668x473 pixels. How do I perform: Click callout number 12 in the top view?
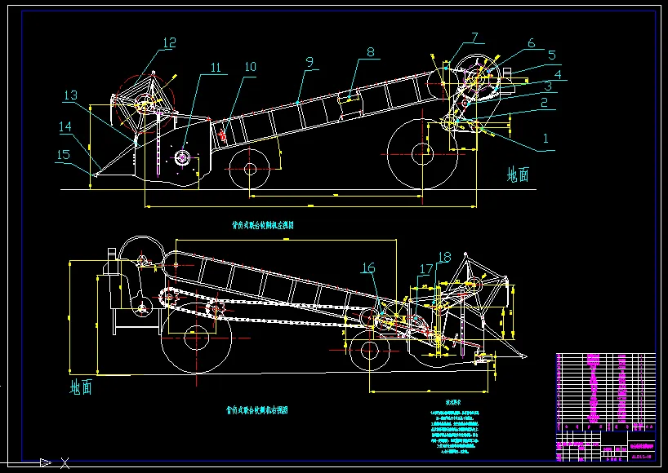pos(169,43)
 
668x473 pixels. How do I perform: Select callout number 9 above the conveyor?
pos(310,61)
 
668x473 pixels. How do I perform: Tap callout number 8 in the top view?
pos(371,52)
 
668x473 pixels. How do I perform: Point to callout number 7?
pos(474,38)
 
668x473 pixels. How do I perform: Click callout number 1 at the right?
pos(546,139)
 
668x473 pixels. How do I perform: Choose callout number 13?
pos(71,96)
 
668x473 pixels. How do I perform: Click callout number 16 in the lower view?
pos(368,267)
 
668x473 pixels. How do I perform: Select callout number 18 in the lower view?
pos(444,257)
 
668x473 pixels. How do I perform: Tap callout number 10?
pos(250,66)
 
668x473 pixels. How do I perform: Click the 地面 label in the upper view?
pos(518,174)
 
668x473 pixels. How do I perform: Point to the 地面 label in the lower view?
pos(81,387)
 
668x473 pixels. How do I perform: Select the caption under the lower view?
pos(256,410)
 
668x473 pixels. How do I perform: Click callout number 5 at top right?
pos(552,55)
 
